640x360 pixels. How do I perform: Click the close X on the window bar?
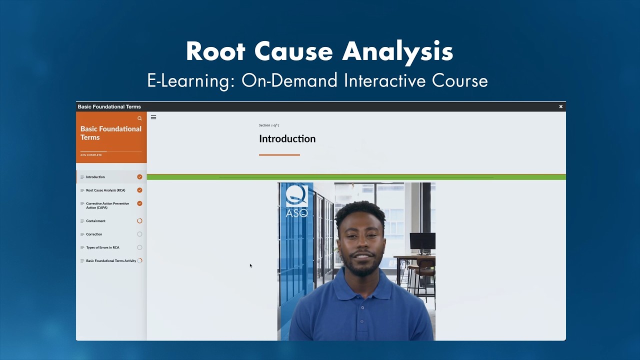tap(560, 106)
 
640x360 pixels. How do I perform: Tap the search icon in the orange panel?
tap(139, 118)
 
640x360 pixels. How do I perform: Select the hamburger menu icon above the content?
tap(153, 117)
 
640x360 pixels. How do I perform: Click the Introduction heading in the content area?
tap(287, 139)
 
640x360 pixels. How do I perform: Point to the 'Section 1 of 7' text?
tap(269, 125)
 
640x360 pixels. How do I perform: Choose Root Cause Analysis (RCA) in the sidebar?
tap(105, 190)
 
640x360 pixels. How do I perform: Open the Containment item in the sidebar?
tap(95, 221)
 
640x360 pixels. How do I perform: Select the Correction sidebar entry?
tap(94, 234)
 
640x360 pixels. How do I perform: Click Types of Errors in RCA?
tap(102, 247)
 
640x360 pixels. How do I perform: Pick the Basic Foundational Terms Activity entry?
tap(111, 261)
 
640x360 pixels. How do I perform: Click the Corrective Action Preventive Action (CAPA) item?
tap(107, 205)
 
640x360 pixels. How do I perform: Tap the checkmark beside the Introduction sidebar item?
tap(139, 177)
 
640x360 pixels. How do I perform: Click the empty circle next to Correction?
tap(139, 234)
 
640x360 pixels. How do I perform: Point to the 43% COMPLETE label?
tap(91, 155)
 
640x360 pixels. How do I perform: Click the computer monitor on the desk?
tap(422, 241)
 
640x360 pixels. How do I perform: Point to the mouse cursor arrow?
tap(250, 265)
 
